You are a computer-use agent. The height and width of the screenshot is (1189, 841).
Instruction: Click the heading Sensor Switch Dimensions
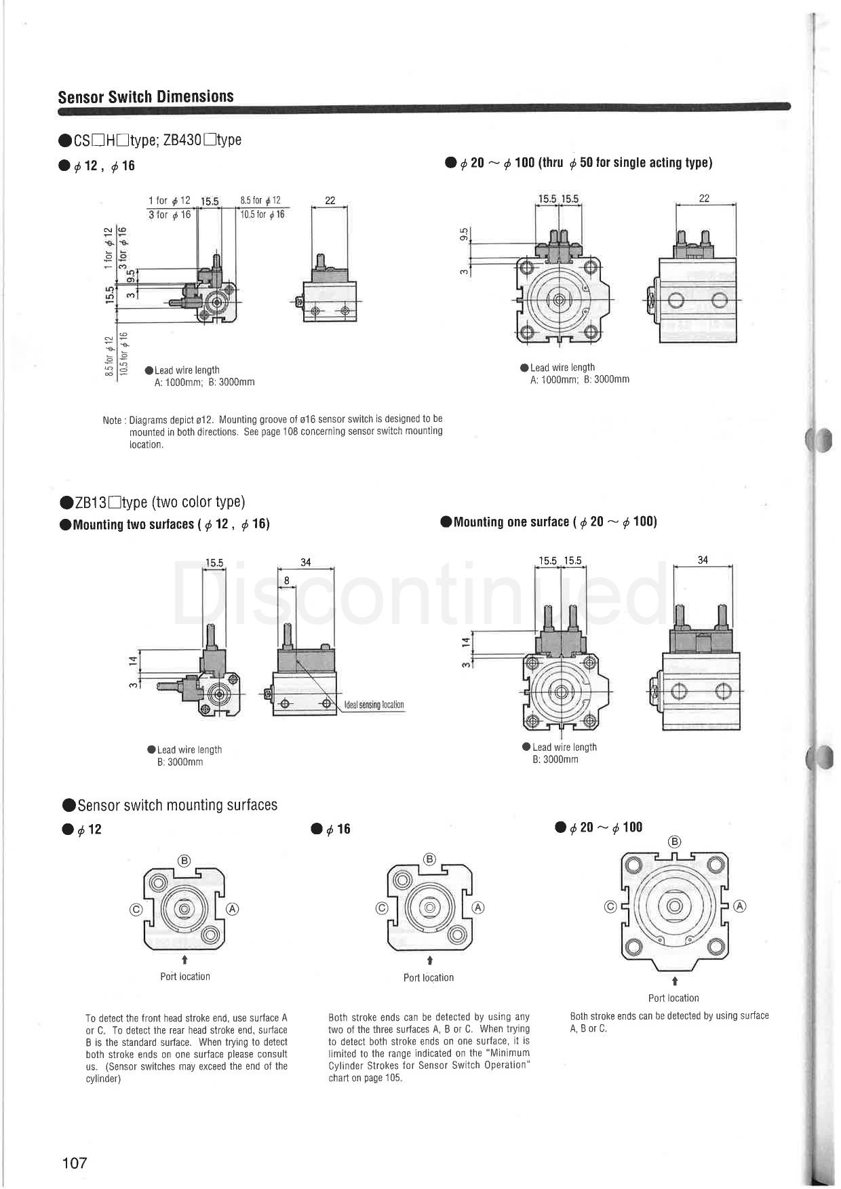click(x=146, y=96)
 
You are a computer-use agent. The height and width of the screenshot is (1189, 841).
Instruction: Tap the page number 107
click(x=75, y=1163)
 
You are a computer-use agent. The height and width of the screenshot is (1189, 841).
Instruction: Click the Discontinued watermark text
click(x=420, y=595)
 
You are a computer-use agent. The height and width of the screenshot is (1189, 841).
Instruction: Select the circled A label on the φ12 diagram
click(x=233, y=908)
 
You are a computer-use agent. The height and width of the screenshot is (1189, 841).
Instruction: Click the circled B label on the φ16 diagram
click(x=429, y=859)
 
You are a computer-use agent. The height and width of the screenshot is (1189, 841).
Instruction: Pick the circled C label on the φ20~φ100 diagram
click(x=610, y=906)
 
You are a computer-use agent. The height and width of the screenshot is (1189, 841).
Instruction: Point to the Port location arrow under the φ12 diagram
click(x=185, y=960)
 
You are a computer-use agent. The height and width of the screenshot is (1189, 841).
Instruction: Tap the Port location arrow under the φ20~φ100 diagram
click(x=675, y=981)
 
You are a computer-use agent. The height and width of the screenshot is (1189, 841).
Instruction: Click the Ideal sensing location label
click(x=374, y=705)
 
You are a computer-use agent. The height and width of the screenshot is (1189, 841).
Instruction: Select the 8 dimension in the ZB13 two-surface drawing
click(x=287, y=581)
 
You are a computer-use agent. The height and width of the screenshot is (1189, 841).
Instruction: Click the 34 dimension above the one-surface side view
click(x=703, y=560)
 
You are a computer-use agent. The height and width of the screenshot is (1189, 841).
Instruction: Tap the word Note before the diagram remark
click(x=112, y=421)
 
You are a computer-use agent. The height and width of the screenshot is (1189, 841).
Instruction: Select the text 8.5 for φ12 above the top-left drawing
click(x=260, y=201)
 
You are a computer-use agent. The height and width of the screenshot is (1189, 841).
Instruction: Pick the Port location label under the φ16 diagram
click(x=429, y=977)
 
